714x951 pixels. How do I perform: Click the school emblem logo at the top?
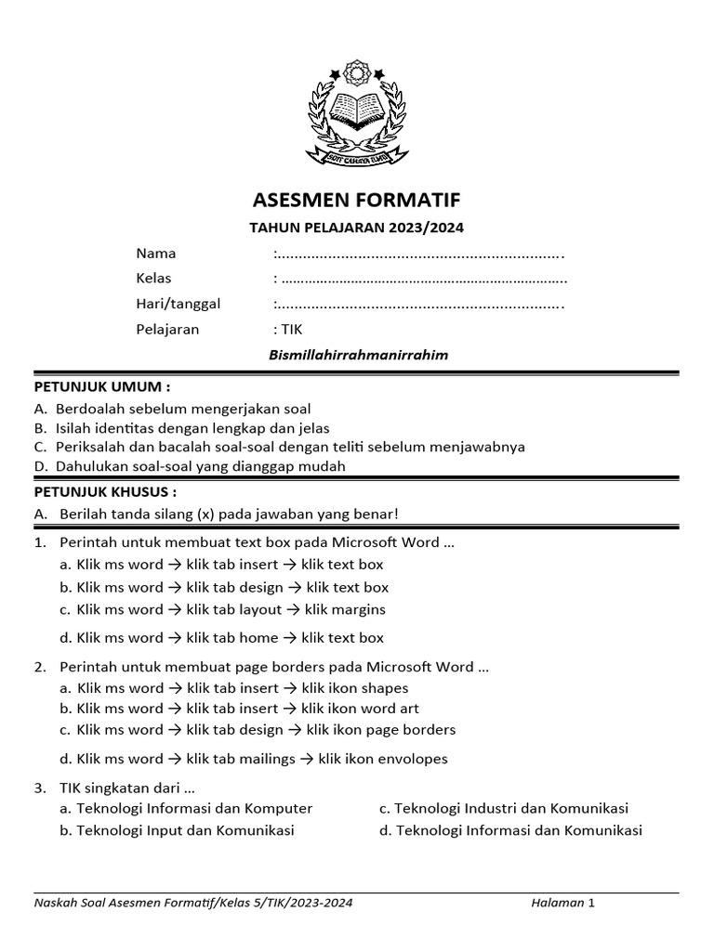point(357,112)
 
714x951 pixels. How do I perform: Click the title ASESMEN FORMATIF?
point(357,201)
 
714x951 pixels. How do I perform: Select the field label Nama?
point(156,254)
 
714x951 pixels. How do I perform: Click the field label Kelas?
point(154,279)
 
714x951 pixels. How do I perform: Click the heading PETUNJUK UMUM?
point(102,386)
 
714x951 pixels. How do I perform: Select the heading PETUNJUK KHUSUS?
point(105,491)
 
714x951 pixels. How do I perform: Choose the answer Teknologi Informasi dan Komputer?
point(194,809)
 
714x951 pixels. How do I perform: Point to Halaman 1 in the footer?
point(562,902)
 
